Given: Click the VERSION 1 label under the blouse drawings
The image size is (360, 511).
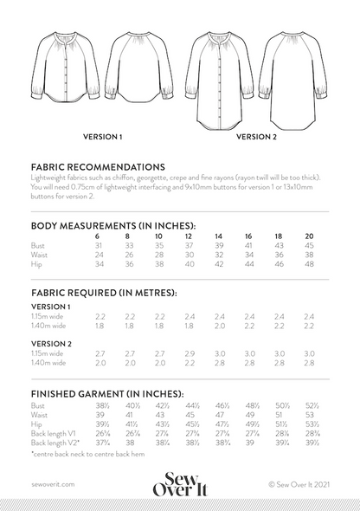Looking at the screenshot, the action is pyautogui.click(x=101, y=136).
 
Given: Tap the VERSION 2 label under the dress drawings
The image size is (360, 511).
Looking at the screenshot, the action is pyautogui.click(x=256, y=136).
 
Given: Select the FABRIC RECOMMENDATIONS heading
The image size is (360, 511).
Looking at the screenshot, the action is pyautogui.click(x=98, y=165).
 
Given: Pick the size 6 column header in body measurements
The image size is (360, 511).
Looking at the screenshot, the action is pyautogui.click(x=98, y=236).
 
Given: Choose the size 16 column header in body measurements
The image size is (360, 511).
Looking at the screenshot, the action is pyautogui.click(x=247, y=236).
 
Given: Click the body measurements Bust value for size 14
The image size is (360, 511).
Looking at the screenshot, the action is pyautogui.click(x=218, y=246).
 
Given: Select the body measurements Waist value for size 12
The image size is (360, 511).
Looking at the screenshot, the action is pyautogui.click(x=189, y=255).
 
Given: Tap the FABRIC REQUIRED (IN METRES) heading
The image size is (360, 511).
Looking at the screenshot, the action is pyautogui.click(x=103, y=294).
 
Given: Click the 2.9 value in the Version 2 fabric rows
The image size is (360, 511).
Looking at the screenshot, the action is pyautogui.click(x=189, y=353).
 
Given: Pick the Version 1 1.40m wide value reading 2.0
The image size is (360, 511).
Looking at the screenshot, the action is pyautogui.click(x=218, y=326).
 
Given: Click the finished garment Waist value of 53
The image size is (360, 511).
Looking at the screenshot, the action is pyautogui.click(x=308, y=415).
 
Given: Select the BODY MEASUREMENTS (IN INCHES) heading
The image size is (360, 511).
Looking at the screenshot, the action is pyautogui.click(x=112, y=225).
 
